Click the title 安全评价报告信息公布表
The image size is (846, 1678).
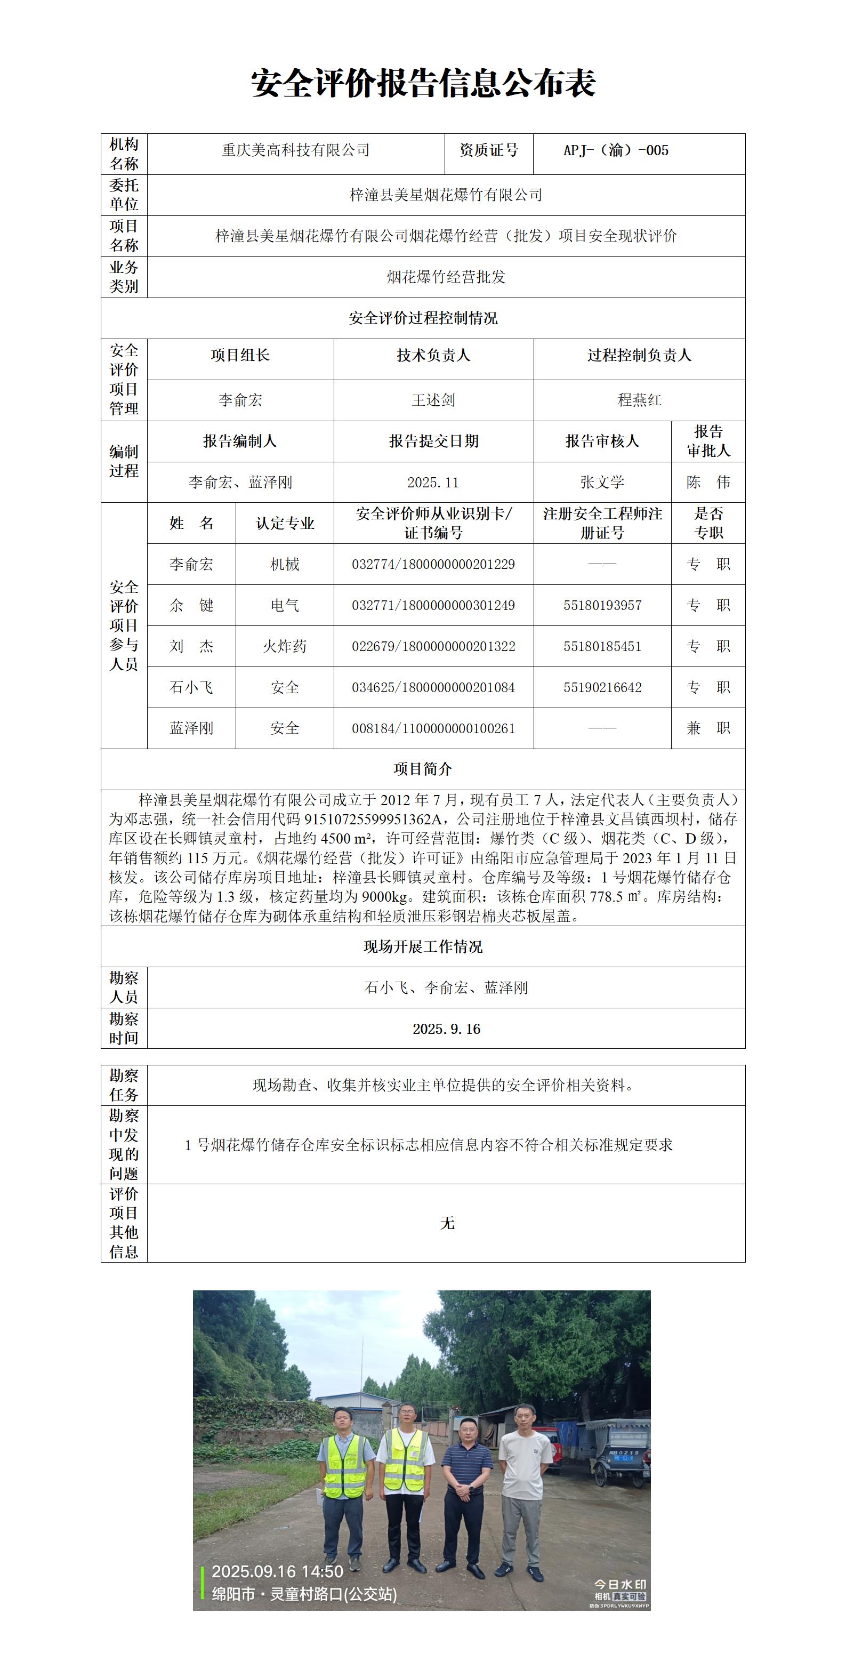point(423,83)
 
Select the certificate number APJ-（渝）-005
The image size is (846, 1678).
point(616,150)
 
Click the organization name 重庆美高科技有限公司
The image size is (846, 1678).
point(296,150)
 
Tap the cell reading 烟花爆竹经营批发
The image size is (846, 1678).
point(446,277)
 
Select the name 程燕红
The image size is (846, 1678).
point(639,400)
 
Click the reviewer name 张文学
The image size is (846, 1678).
point(602,483)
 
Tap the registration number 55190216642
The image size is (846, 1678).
point(602,687)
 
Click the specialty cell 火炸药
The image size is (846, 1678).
point(285,646)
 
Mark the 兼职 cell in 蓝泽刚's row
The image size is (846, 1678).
point(708,728)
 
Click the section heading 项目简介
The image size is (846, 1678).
point(423,769)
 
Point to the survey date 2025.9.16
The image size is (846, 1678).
point(446,1029)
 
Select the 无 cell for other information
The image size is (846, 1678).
point(447,1223)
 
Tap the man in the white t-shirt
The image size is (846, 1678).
point(522,1492)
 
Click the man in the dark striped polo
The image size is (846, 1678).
point(464,1498)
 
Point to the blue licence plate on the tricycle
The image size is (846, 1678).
point(623,1458)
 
